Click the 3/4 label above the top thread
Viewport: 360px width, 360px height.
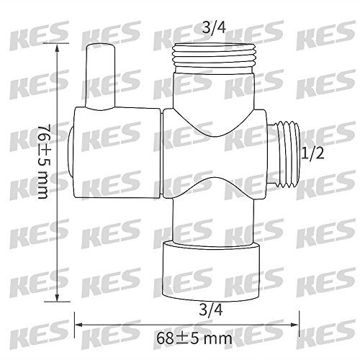tap(214, 28)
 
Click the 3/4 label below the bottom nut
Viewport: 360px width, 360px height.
tap(211, 310)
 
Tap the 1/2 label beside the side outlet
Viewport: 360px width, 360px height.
tap(312, 153)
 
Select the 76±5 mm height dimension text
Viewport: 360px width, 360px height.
tap(44, 161)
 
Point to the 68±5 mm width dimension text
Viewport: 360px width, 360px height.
tap(194, 338)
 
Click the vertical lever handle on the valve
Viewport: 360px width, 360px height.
tap(100, 76)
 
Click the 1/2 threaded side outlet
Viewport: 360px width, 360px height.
tap(284, 154)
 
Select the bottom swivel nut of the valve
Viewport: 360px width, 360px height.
tap(211, 271)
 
